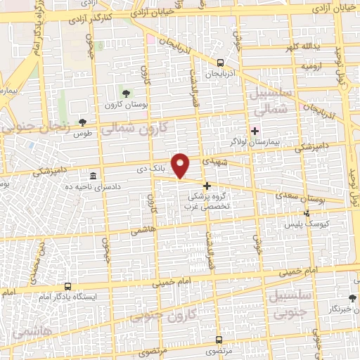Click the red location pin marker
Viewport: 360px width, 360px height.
tap(181, 165)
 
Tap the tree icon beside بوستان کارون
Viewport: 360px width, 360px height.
tap(126, 94)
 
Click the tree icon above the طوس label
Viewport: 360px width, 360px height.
tap(83, 122)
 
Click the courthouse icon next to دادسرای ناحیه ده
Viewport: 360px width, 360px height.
tap(94, 175)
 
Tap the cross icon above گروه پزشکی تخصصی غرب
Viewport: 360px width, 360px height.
tap(207, 186)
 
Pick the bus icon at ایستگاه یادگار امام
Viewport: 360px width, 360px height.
tap(67, 286)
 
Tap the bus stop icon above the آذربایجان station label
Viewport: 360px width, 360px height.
tap(221, 62)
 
